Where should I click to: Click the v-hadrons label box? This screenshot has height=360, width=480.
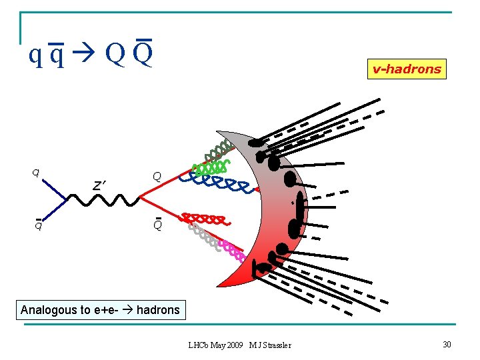click(x=407, y=69)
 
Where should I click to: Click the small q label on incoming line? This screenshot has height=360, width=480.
click(x=35, y=173)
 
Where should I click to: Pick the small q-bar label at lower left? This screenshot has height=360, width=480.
click(x=39, y=224)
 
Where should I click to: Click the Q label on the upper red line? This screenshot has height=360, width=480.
click(x=157, y=177)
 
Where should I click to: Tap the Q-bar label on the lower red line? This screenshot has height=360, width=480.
click(x=157, y=225)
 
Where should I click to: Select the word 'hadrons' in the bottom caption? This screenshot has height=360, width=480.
click(x=158, y=310)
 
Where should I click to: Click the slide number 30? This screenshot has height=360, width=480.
click(x=447, y=344)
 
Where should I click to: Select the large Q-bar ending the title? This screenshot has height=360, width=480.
click(x=142, y=53)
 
